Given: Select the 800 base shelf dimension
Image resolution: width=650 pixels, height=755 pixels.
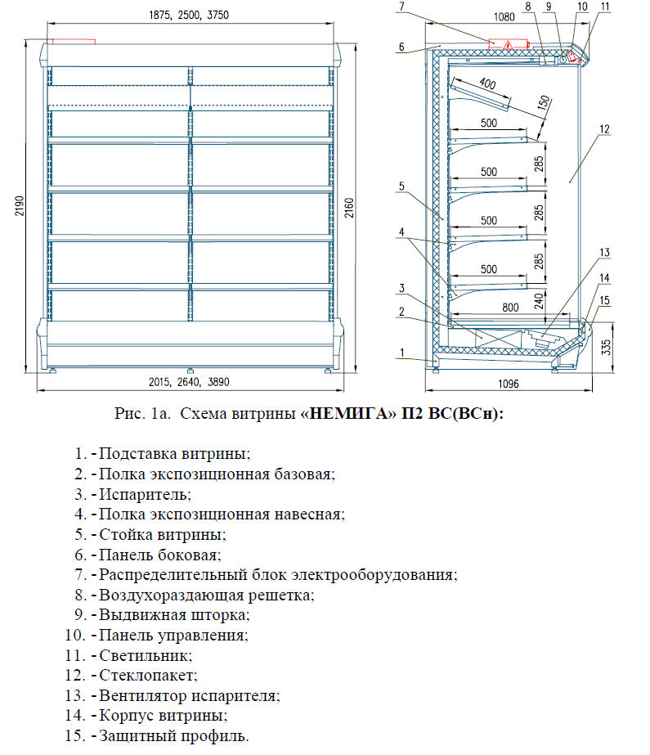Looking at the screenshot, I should click(489, 307).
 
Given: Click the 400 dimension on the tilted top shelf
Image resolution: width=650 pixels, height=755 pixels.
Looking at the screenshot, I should click(488, 83).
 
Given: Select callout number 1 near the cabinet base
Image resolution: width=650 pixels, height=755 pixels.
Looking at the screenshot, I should click(402, 353).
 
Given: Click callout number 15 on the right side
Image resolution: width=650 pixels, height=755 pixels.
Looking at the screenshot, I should click(605, 299).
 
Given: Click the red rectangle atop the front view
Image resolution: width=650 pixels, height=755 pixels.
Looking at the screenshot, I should click(74, 40).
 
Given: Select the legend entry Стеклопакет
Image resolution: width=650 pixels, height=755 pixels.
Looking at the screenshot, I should click(148, 676).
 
